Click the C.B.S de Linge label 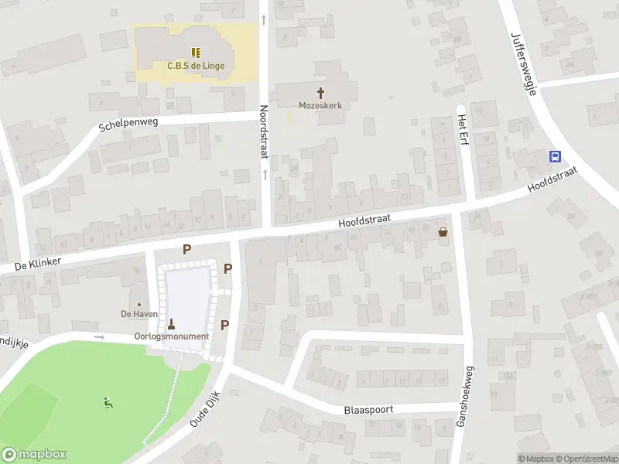pyautogui.click(x=196, y=66)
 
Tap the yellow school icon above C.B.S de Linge pyautogui.click(x=196, y=53)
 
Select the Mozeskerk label pyautogui.click(x=320, y=105)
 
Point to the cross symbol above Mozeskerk pyautogui.click(x=320, y=93)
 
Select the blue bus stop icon pyautogui.click(x=555, y=156)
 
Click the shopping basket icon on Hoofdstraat pyautogui.click(x=443, y=230)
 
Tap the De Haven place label pyautogui.click(x=139, y=314)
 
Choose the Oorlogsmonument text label pyautogui.click(x=172, y=336)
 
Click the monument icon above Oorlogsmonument pyautogui.click(x=172, y=324)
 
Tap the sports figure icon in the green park pyautogui.click(x=108, y=402)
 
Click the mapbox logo pyautogui.click(x=34, y=455)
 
